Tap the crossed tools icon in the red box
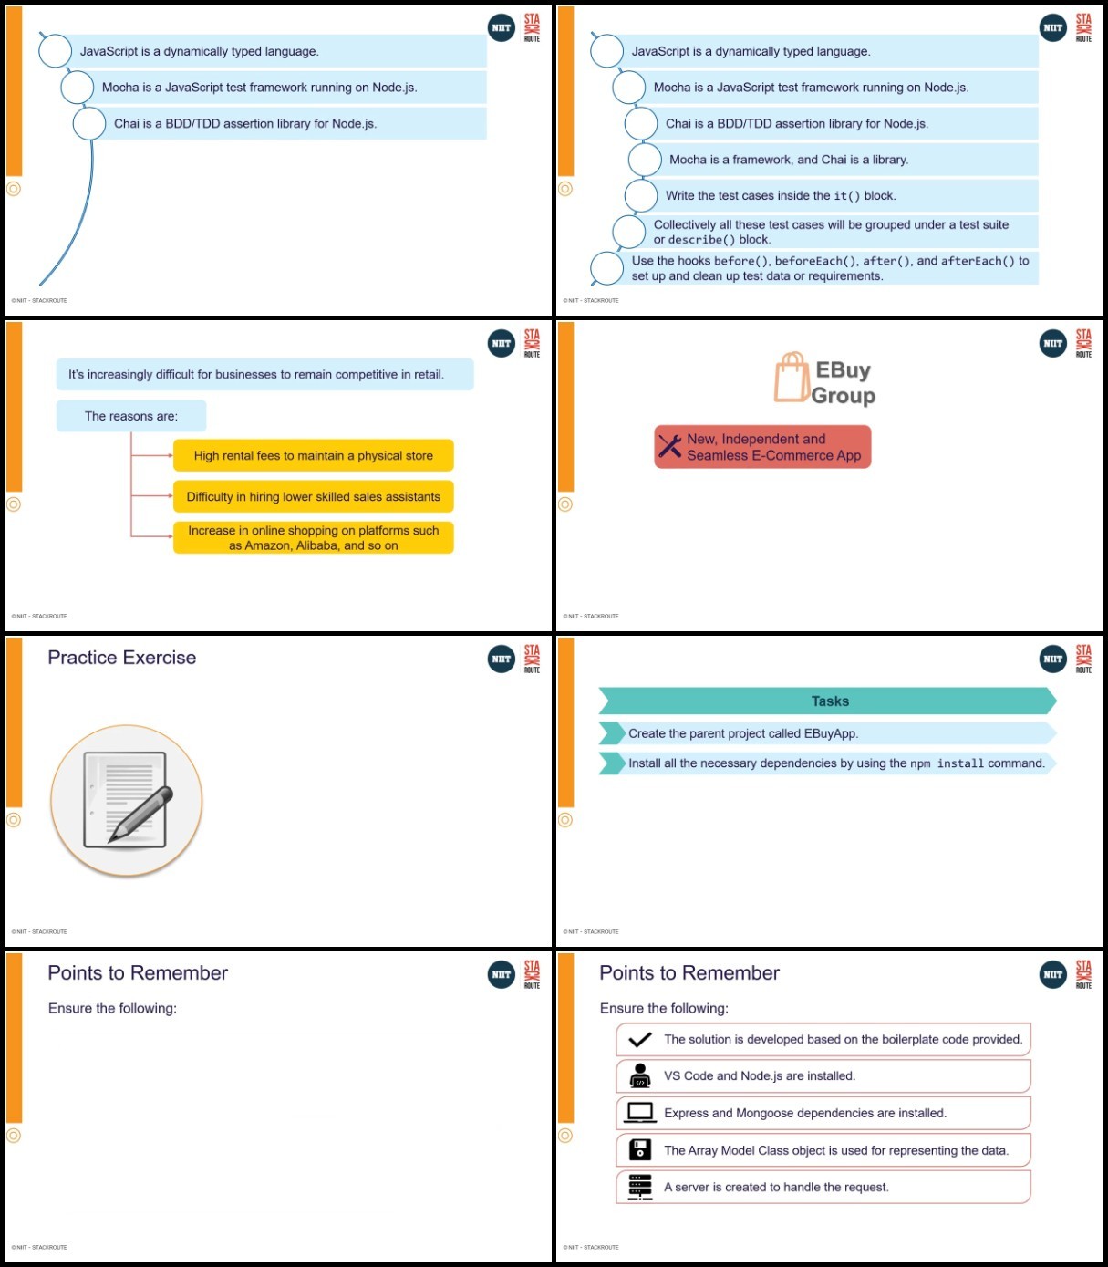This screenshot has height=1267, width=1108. (669, 446)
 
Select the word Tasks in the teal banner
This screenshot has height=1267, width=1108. (830, 701)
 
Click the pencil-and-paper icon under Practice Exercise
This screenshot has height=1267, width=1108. (127, 800)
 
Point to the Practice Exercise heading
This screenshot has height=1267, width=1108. (122, 657)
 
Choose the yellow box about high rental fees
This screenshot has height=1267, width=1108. (313, 455)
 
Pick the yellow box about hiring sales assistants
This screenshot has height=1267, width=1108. (313, 496)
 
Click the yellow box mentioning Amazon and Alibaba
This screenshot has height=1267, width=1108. (313, 537)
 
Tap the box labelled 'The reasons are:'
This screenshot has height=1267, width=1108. (131, 416)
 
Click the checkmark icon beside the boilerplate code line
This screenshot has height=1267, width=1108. (640, 1040)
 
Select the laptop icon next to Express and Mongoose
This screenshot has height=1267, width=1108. (640, 1113)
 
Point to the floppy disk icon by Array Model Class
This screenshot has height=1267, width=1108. (640, 1150)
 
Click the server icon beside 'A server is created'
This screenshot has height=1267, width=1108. (640, 1187)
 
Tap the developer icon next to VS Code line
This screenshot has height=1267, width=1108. (640, 1076)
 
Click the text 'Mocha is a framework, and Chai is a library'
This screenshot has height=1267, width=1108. (789, 160)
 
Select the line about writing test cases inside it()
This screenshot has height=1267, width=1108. (781, 196)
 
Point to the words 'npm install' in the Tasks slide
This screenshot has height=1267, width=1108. (947, 763)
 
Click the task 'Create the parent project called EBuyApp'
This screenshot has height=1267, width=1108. (743, 733)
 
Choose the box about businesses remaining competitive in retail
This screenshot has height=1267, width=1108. (265, 374)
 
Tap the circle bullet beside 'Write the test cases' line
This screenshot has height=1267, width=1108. (641, 196)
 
